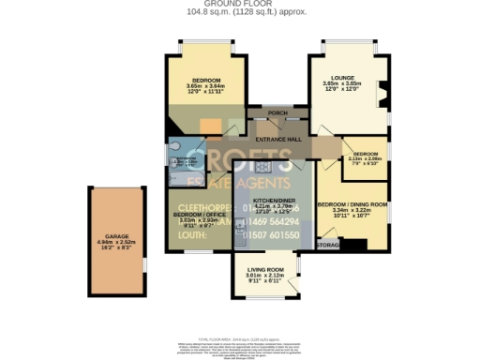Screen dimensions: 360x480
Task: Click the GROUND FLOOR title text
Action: click(240, 4)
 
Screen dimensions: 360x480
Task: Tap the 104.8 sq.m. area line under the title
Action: click(240, 11)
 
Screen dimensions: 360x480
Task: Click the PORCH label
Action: click(277, 113)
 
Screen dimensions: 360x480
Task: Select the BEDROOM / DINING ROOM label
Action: click(352, 204)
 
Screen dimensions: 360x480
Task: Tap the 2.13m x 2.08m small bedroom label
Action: click(366, 158)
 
